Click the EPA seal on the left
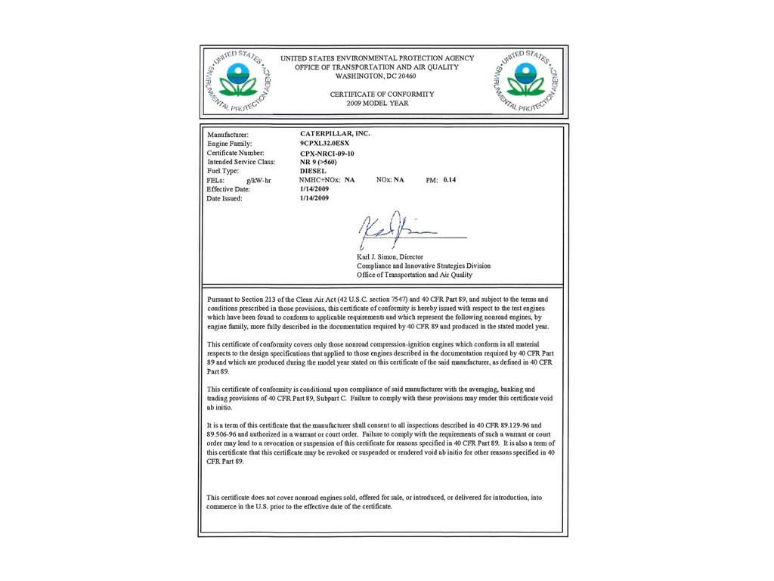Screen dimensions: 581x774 [x=238, y=80]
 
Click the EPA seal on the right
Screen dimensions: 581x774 [x=525, y=80]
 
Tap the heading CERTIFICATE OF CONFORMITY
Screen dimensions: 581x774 [x=382, y=94]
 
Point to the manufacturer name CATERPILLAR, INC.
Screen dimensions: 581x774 [x=335, y=133]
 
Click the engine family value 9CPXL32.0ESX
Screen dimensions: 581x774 [x=325, y=143]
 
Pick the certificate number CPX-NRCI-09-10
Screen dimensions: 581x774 [x=327, y=154]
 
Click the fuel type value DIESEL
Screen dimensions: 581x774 [x=313, y=171]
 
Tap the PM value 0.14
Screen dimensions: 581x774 [x=450, y=180]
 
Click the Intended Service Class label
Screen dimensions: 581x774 [x=241, y=162]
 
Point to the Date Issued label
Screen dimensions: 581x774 [x=224, y=198]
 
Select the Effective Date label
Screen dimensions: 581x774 [x=228, y=189]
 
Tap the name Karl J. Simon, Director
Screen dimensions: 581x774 [x=390, y=256]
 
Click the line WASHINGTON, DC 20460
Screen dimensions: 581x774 [x=376, y=76]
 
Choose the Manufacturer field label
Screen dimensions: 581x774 [x=228, y=135]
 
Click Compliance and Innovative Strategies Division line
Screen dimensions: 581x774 [x=423, y=266]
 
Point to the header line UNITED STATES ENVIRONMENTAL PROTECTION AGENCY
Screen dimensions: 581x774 [x=377, y=58]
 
